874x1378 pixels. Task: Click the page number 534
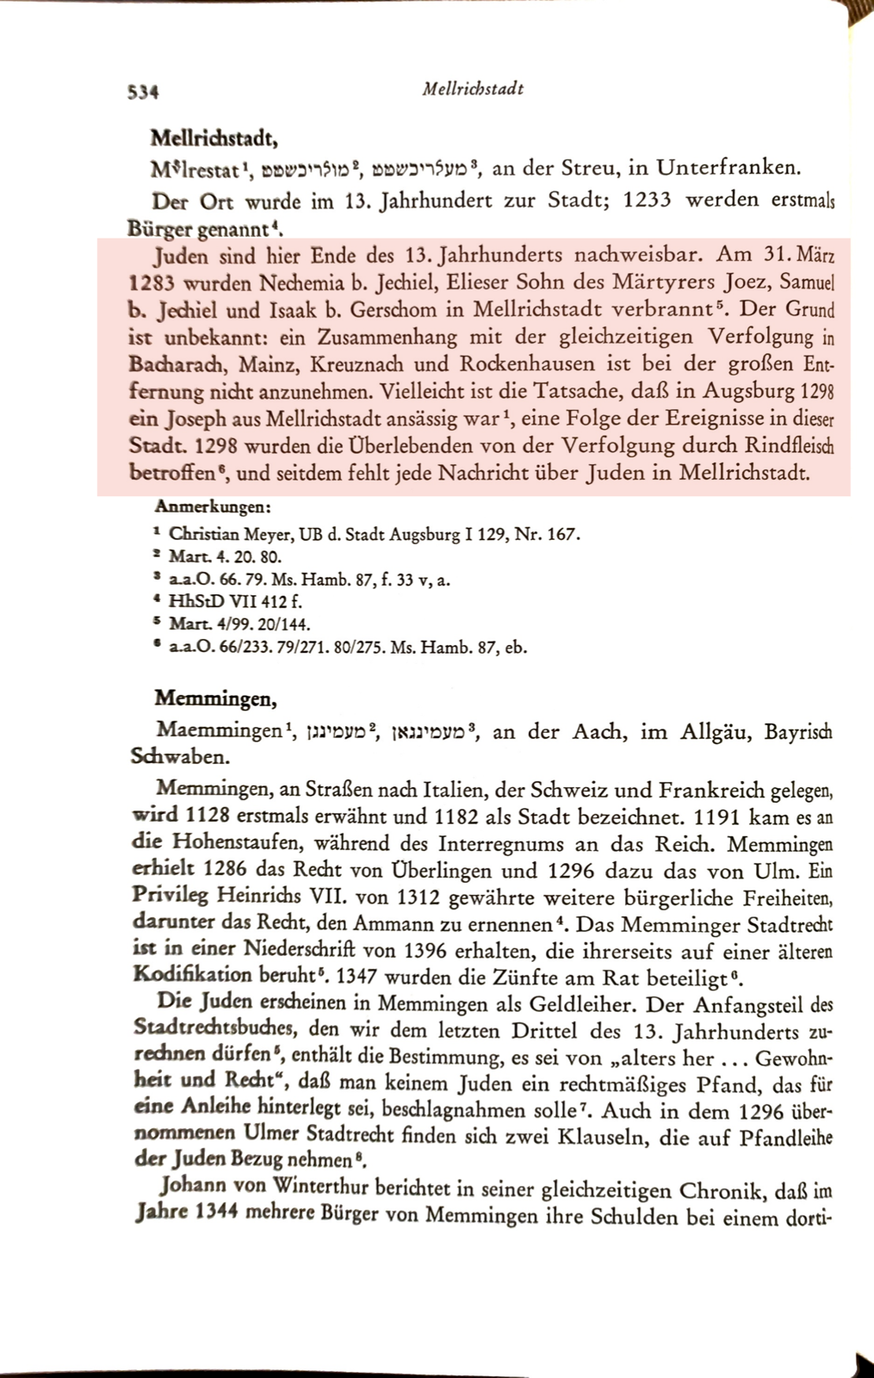[x=142, y=90]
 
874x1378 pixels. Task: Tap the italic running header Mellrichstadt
[x=473, y=89]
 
